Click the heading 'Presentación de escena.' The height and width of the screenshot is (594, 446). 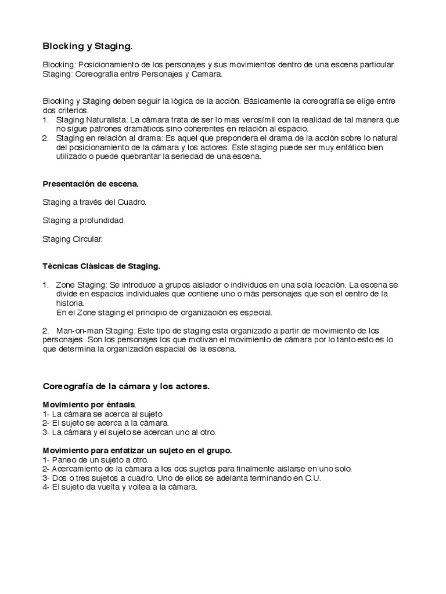coord(91,184)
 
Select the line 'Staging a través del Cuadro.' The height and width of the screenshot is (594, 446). coord(95,202)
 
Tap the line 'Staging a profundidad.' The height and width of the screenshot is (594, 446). coord(84,220)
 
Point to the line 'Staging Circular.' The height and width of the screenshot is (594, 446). coord(73,238)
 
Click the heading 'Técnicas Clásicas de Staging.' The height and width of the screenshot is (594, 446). coord(101,266)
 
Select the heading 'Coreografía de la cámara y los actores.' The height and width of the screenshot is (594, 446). coord(127,386)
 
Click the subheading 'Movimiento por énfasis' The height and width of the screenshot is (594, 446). coord(89,404)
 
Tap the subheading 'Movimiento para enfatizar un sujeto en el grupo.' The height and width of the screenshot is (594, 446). coord(138,450)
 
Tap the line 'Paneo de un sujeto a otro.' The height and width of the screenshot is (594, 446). coord(100,459)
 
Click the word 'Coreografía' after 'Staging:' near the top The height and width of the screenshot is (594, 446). coord(95,74)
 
